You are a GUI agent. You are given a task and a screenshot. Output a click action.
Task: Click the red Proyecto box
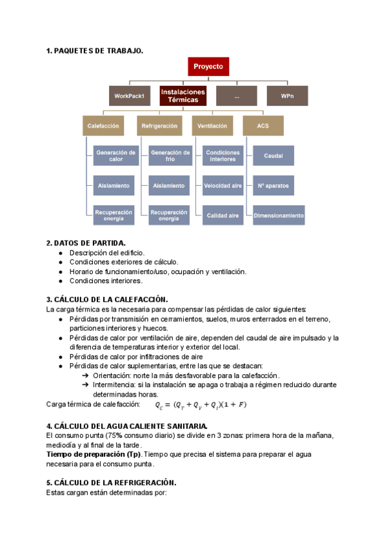click(x=208, y=66)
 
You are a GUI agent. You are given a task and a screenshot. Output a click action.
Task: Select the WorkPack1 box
click(x=129, y=96)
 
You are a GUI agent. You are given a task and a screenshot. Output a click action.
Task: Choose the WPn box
click(x=287, y=96)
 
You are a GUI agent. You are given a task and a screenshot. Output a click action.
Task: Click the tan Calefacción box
click(x=103, y=126)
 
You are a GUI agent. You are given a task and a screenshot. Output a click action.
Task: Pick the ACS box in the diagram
click(x=263, y=126)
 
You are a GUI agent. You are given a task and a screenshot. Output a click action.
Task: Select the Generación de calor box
click(x=115, y=155)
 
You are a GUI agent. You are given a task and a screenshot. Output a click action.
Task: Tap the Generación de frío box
click(x=170, y=155)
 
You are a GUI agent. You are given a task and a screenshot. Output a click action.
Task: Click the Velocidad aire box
click(x=223, y=185)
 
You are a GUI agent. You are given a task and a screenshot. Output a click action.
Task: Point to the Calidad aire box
click(x=223, y=215)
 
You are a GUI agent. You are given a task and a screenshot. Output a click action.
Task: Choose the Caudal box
click(x=273, y=155)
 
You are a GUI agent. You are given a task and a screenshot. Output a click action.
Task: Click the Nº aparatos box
click(x=273, y=185)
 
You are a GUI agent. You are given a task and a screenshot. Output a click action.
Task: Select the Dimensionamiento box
click(x=279, y=215)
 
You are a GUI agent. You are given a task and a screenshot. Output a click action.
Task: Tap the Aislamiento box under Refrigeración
click(x=170, y=185)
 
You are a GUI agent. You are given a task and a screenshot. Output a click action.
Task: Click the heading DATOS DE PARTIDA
click(x=86, y=243)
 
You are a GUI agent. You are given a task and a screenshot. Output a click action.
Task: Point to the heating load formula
click(x=201, y=405)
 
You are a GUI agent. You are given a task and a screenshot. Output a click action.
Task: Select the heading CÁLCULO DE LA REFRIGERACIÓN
click(x=111, y=482)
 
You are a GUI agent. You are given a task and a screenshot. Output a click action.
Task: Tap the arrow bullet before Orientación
click(x=86, y=375)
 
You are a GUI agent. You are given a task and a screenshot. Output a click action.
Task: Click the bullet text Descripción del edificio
click(x=107, y=253)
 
